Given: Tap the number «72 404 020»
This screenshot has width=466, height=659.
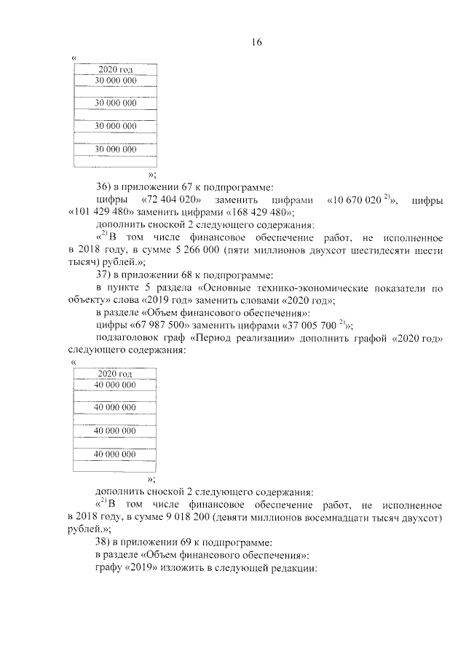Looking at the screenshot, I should point(173,200).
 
